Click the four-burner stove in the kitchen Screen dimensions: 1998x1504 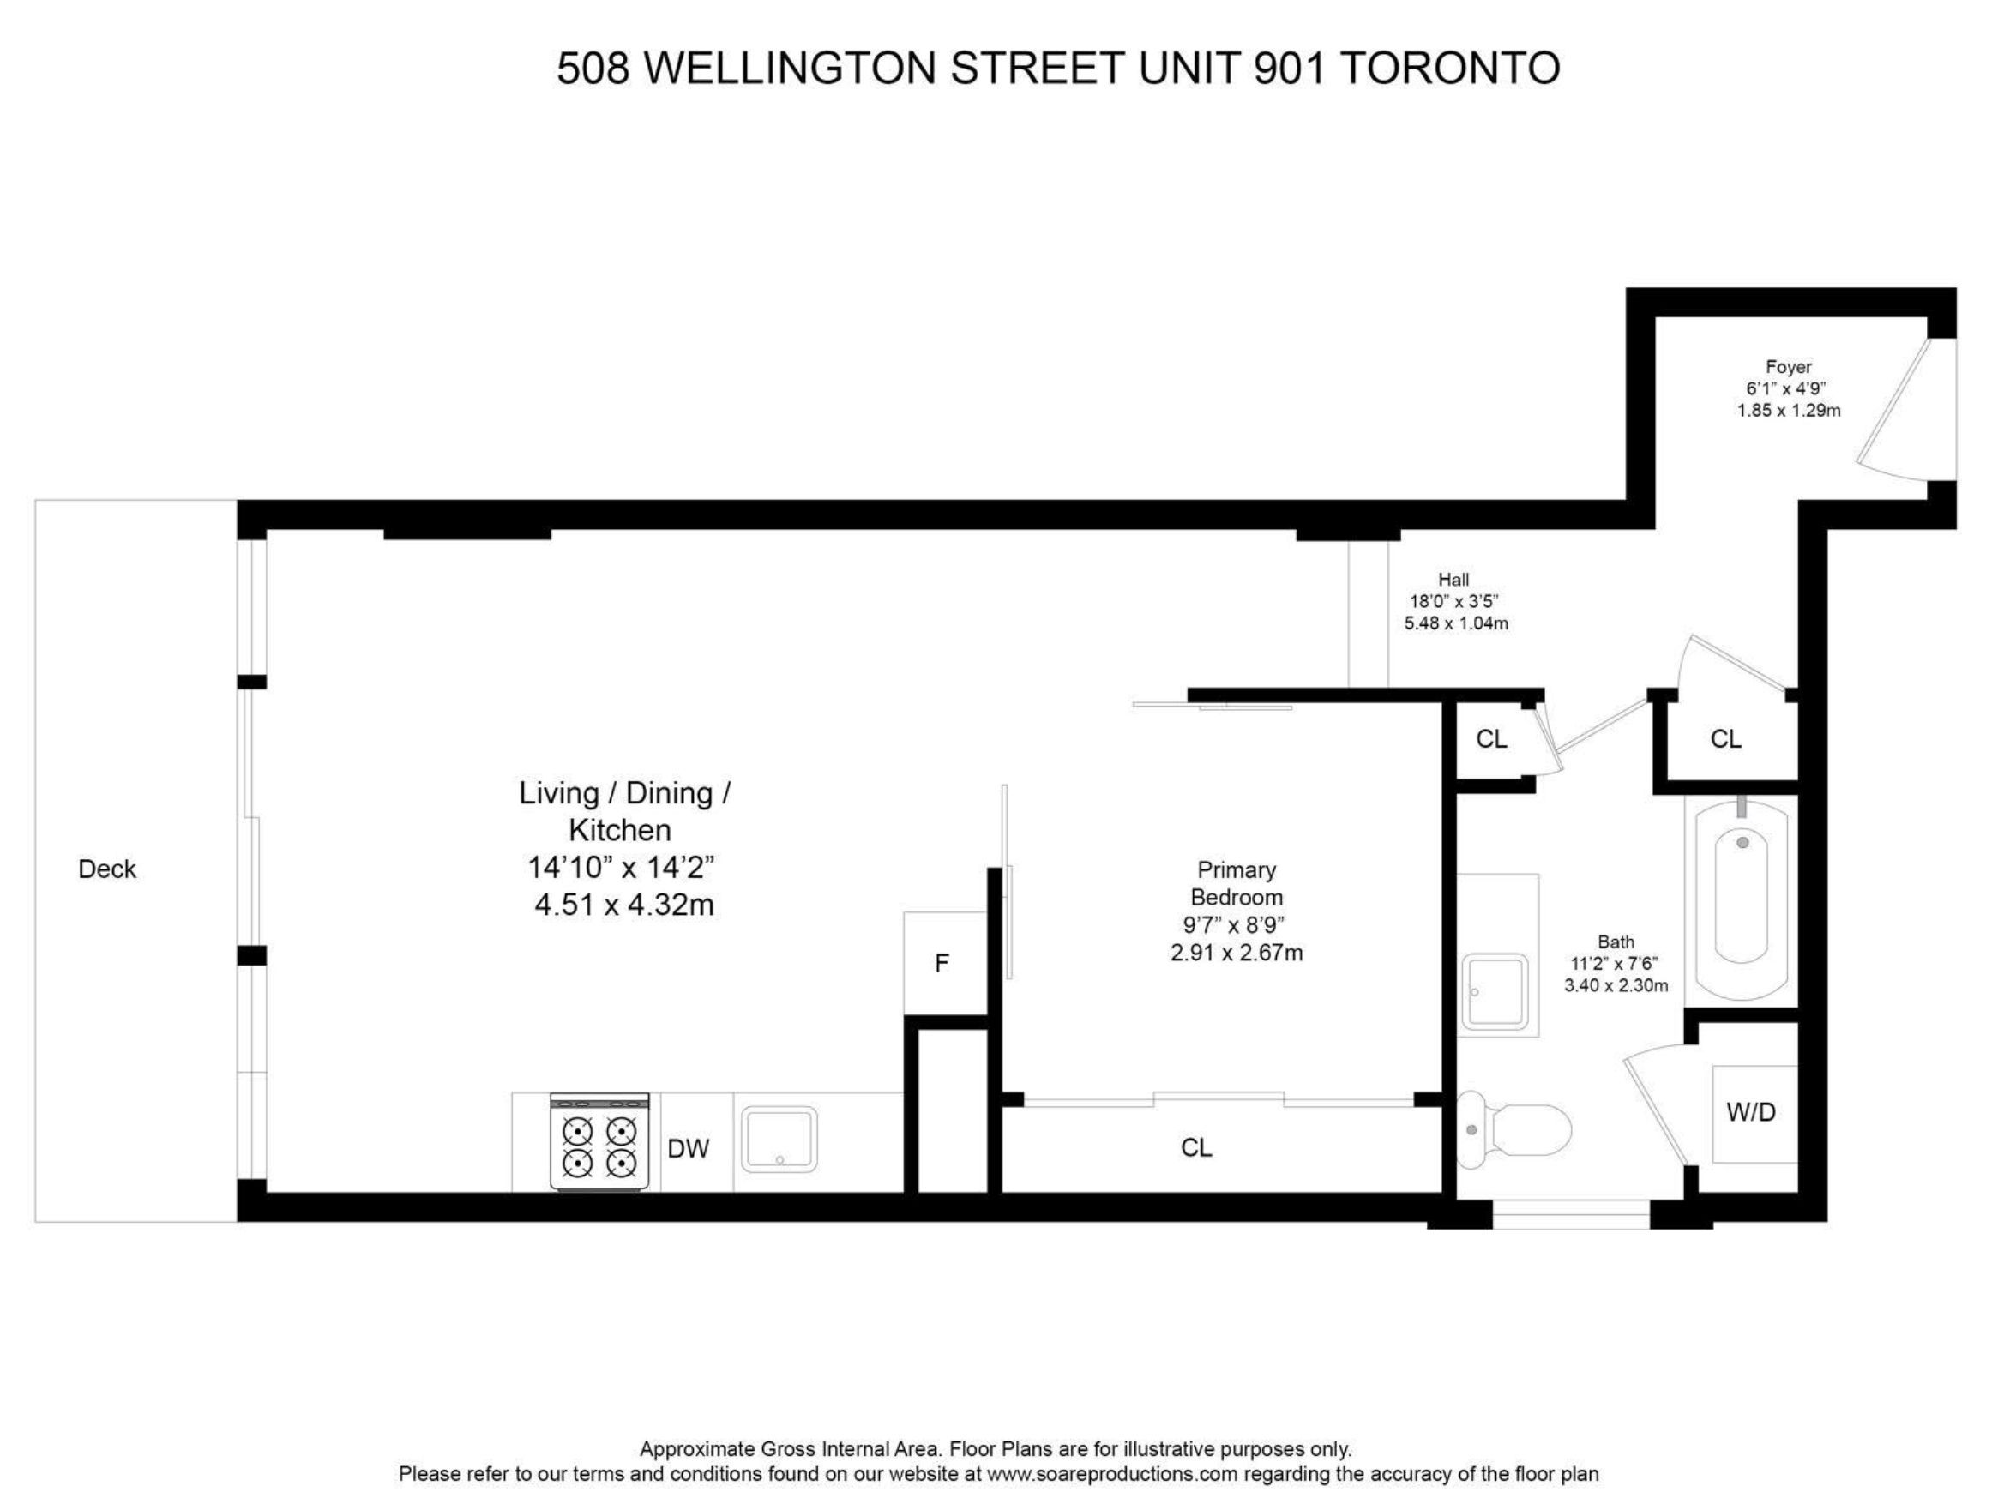point(599,1142)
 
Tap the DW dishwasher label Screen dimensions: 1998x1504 point(689,1149)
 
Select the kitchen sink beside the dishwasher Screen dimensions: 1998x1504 point(779,1139)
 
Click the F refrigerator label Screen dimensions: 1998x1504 point(942,964)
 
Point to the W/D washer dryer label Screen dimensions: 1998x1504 point(1751,1113)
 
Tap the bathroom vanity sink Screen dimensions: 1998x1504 point(1496,992)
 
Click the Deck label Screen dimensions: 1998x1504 point(106,869)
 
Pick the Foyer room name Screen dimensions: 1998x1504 point(1790,367)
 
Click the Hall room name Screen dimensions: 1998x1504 point(1454,580)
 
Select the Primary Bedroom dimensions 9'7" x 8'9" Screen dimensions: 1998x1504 point(1234,925)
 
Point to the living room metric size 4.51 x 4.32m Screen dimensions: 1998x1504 point(624,905)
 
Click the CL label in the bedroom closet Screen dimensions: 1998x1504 point(1196,1148)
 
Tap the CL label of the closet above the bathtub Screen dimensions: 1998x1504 point(1726,739)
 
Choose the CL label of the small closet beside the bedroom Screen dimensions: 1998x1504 point(1491,739)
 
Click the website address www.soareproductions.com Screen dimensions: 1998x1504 point(1111,1474)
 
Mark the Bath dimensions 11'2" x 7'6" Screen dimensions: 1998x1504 point(1616,964)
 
